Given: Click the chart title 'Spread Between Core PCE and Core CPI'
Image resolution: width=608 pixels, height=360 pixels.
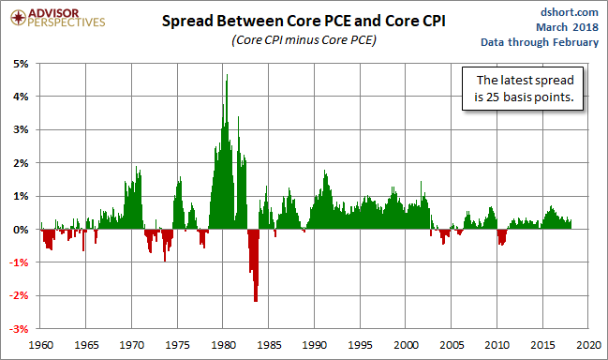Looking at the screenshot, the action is pos(304,21).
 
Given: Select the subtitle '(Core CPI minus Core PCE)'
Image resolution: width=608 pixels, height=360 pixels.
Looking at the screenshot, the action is pos(304,40).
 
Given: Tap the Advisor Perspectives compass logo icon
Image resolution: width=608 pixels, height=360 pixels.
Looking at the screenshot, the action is pos(18,18).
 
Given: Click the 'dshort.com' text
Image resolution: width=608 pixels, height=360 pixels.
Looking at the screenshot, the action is pos(570,12).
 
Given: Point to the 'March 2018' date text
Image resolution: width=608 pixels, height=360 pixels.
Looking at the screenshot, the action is pos(567,27).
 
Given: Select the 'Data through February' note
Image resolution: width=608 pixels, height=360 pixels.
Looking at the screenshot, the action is pos(540,42).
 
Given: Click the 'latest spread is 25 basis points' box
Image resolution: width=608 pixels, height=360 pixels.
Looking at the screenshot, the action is pos(523,88).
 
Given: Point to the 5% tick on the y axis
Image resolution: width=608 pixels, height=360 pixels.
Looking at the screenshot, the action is pos(21,64).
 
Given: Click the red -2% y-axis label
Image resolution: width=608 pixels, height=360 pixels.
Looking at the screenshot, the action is pos(19,295).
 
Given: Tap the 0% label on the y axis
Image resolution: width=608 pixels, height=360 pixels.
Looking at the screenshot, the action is pos(21,230).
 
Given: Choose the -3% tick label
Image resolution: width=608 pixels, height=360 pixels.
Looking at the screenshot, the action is pos(19,329).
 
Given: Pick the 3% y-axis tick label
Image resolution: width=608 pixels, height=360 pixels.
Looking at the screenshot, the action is pos(21,129).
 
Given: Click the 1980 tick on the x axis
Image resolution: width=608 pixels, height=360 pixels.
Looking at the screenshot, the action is pos(223,345).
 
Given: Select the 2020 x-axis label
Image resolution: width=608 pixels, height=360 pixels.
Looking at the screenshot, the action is pos(588,345).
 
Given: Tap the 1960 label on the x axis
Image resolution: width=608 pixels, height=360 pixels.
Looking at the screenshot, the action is pos(40,345).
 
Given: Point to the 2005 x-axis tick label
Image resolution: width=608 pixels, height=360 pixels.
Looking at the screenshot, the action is pos(452,345).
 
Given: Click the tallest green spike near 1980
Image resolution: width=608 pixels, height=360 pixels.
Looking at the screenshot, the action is pos(227,75).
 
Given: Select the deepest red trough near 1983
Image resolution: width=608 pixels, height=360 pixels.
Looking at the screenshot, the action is pos(256,300).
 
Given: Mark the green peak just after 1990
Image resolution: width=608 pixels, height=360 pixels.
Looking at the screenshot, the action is pos(325,171).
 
